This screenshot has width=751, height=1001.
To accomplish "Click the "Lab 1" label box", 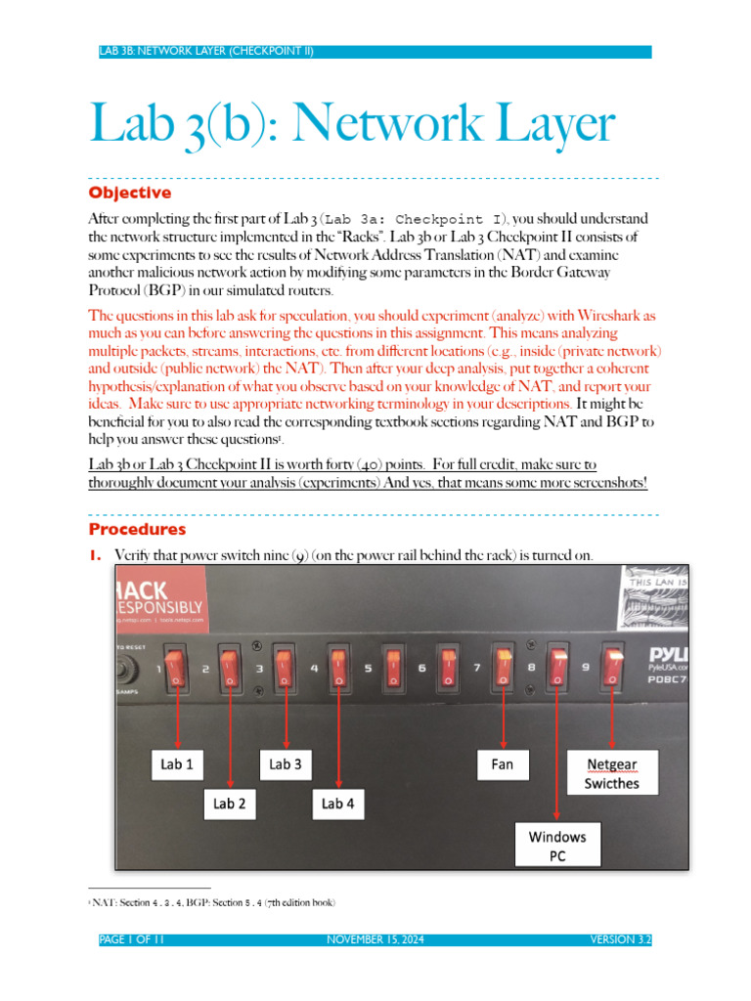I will pos(171,764).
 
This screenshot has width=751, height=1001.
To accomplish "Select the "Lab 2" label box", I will pos(229,804).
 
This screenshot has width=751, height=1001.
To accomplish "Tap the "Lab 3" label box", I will pos(285,764).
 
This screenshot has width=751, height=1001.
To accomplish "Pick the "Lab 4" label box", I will pos(337,804).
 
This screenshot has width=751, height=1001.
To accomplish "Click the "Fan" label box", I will pos(504,764).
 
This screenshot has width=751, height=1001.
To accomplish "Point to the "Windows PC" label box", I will pos(557,846).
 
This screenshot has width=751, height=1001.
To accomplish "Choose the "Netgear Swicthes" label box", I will pos(613,772).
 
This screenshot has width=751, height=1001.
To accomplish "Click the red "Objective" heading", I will pos(129,193).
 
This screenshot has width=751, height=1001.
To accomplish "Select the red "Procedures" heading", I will pos(137,530).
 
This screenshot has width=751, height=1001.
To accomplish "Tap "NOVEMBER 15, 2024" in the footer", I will pos(375,940).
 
